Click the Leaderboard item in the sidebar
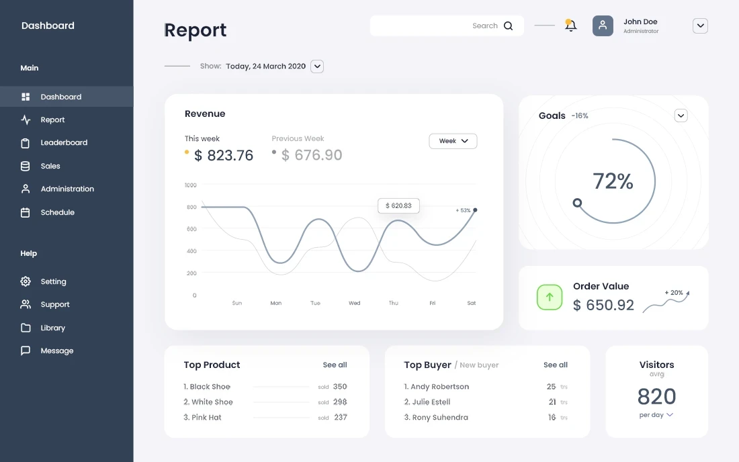[x=64, y=143]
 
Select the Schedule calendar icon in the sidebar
[x=26, y=212]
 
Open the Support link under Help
[x=54, y=305]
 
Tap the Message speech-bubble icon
[x=26, y=351]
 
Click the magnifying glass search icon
[x=508, y=26]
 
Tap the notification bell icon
[x=570, y=26]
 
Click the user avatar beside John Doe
[x=603, y=26]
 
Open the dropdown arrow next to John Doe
[x=700, y=26]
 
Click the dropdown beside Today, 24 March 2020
[x=317, y=66]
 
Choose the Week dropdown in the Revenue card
[x=453, y=141]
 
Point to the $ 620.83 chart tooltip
[x=398, y=205]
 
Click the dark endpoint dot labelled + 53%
[x=475, y=210]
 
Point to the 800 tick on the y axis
[x=191, y=207]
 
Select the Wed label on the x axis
[x=354, y=304]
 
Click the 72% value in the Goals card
[x=613, y=181]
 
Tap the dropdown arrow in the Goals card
[x=681, y=115]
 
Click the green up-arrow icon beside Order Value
[x=550, y=297]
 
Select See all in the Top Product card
[x=335, y=365]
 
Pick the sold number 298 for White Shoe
[x=340, y=402]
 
